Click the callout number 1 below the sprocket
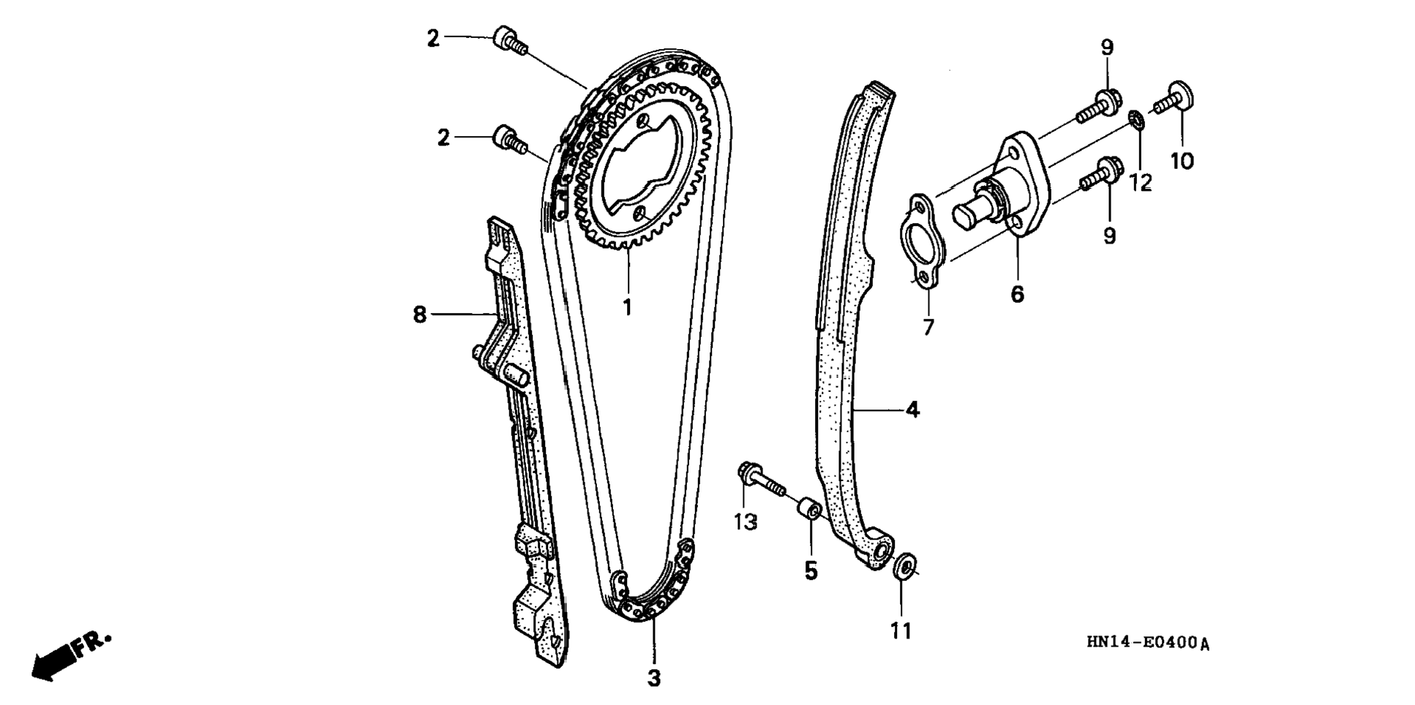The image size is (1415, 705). pos(627,307)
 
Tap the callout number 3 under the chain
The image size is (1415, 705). pos(653,678)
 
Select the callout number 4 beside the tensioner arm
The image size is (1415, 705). pos(912,410)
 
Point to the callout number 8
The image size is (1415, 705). pos(419,314)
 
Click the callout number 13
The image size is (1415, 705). pos(746,522)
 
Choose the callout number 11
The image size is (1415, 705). pos(901,630)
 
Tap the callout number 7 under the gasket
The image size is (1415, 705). pos(928,327)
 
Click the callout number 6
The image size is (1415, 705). pos(1017,294)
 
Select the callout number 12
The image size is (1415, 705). pos(1140,182)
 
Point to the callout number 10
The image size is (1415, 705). pos(1182,160)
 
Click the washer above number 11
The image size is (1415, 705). pos(904,566)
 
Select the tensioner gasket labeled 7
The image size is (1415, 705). pos(923,240)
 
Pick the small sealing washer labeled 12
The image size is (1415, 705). pos(1136,119)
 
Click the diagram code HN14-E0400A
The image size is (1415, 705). pos(1147,643)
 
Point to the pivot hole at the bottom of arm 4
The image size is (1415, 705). pos(882,550)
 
